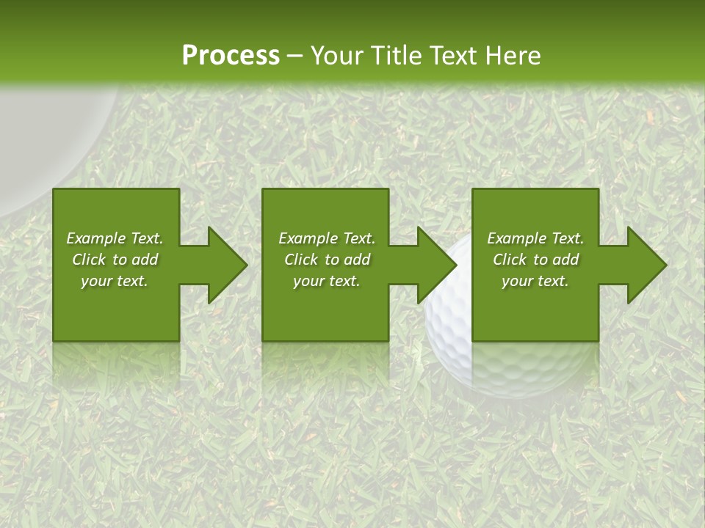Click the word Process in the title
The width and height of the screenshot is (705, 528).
tap(231, 56)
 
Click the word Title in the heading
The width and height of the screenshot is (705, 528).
tap(391, 56)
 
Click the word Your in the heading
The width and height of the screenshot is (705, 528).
tap(335, 56)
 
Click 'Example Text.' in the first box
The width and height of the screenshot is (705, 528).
tap(115, 238)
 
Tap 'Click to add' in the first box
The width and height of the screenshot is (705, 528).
tap(115, 260)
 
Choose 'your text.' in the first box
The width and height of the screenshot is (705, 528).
tap(115, 281)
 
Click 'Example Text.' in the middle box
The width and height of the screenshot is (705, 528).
tap(327, 238)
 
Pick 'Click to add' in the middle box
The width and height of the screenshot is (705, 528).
tap(327, 260)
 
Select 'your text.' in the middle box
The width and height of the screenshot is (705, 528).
tap(327, 281)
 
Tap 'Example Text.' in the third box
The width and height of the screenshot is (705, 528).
tap(535, 238)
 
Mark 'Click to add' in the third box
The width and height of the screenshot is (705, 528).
tap(535, 260)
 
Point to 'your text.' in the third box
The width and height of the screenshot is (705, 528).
tap(535, 281)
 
